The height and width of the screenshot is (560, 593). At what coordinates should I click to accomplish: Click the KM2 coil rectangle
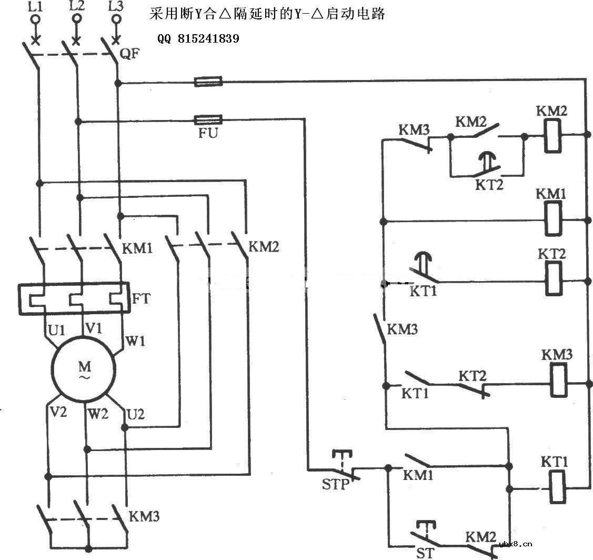[552, 136]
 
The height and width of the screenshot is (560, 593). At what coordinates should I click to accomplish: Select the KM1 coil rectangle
[552, 219]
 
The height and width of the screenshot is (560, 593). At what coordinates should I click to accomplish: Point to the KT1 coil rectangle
[557, 487]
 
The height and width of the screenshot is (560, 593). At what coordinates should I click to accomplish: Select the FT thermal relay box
[74, 299]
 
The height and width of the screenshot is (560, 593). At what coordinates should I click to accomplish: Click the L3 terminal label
[115, 6]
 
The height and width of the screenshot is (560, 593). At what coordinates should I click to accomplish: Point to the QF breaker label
[130, 53]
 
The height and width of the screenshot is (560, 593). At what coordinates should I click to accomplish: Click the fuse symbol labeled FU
[208, 119]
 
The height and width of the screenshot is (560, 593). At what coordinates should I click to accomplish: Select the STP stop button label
[336, 484]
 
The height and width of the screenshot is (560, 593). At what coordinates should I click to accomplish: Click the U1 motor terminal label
[57, 331]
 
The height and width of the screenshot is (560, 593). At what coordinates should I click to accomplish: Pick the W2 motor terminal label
[98, 414]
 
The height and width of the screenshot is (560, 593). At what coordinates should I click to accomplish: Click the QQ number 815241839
[199, 39]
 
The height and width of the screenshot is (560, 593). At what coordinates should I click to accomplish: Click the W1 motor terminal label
[135, 341]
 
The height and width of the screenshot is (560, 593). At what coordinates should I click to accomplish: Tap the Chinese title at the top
[267, 14]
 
